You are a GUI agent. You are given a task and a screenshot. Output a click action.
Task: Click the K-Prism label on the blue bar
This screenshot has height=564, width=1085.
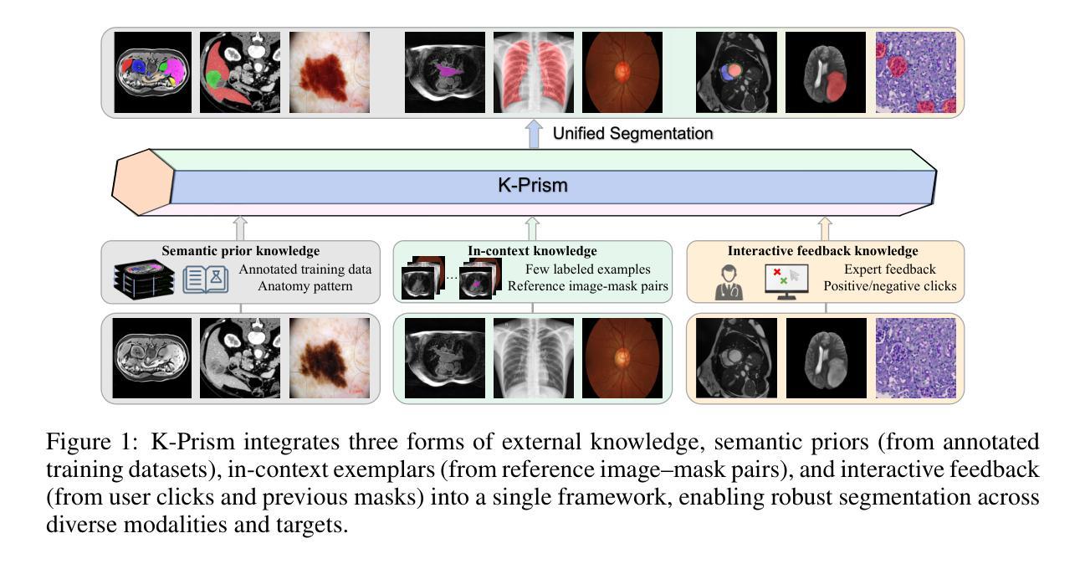point(532,184)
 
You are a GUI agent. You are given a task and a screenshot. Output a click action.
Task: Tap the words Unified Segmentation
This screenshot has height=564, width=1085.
point(632,133)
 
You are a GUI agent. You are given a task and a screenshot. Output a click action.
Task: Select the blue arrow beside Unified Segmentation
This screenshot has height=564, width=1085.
point(534,134)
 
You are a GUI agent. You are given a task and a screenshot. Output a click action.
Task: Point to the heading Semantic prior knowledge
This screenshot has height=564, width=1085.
point(241,251)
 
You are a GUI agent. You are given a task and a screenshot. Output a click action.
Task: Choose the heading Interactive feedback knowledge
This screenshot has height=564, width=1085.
point(822,251)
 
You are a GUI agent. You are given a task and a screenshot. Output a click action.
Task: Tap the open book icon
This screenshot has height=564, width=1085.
point(206,279)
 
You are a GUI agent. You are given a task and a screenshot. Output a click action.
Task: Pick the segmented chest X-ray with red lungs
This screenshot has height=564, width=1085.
point(533,72)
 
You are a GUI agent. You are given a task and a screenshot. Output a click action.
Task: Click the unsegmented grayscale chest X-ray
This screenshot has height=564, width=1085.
point(533,358)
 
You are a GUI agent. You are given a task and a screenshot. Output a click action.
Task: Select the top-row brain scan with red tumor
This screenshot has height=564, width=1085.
point(825,72)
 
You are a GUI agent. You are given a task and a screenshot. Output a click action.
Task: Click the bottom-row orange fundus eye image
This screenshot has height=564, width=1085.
point(622,358)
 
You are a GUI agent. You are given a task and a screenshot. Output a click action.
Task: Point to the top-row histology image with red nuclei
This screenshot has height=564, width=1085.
point(915,72)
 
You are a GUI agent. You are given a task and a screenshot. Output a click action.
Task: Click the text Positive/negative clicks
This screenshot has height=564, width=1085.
point(890,286)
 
